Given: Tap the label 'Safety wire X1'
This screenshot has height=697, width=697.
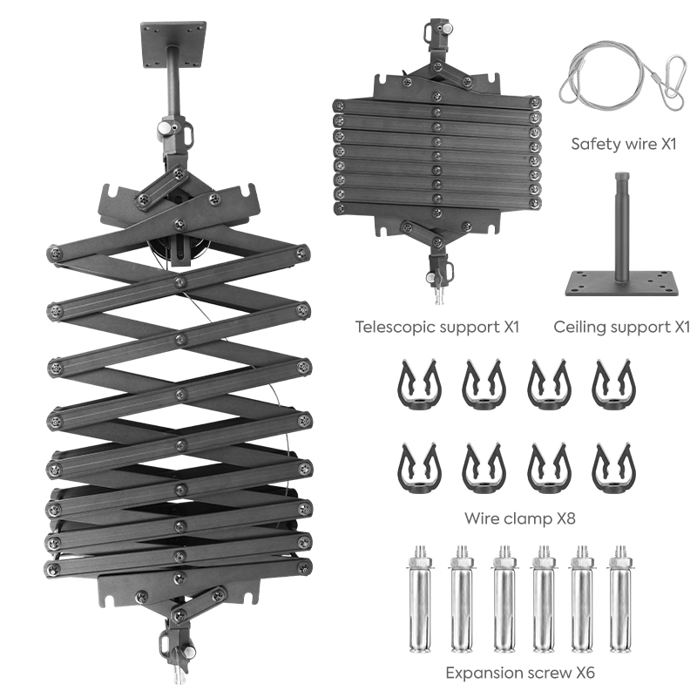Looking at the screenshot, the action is tap(623, 144).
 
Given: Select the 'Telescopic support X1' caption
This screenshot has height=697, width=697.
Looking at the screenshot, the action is tap(437, 328).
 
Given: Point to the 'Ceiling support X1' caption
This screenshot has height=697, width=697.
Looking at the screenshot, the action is tap(621, 328).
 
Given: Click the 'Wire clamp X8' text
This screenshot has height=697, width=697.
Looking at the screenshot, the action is tap(519, 518).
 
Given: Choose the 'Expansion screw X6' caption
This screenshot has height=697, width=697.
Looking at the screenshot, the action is tap(520, 673).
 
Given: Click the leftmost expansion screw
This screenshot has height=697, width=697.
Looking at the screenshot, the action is tap(419, 599).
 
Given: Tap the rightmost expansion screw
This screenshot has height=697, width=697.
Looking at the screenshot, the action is tap(620, 599).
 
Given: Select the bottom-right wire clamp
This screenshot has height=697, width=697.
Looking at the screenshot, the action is tap(613, 468).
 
